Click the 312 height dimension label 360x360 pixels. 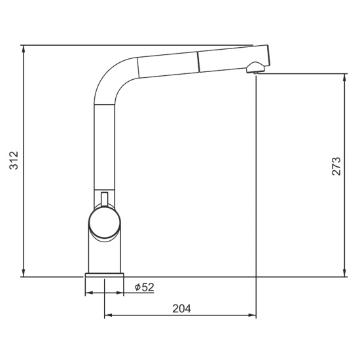(14, 160)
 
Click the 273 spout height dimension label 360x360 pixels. (336, 166)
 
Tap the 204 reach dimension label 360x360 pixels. (181, 308)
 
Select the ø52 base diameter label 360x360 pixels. (145, 287)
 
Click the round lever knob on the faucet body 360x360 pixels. (105, 223)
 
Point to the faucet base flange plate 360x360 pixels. (105, 275)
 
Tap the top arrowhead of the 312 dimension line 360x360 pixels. (23, 49)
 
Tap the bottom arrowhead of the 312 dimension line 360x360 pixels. (23, 273)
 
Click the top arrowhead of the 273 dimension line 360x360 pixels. (344, 78)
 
